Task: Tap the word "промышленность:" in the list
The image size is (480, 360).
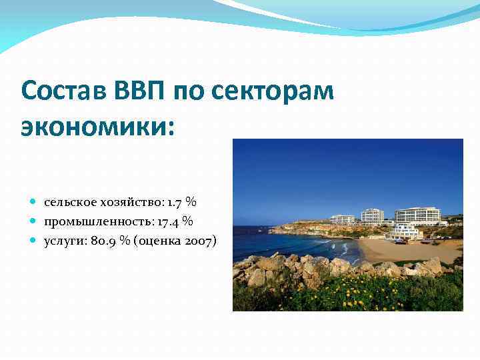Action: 97,221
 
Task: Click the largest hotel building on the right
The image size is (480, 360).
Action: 417,215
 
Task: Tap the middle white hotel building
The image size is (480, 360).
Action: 372,215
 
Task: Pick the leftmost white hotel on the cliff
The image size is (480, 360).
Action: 343,219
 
